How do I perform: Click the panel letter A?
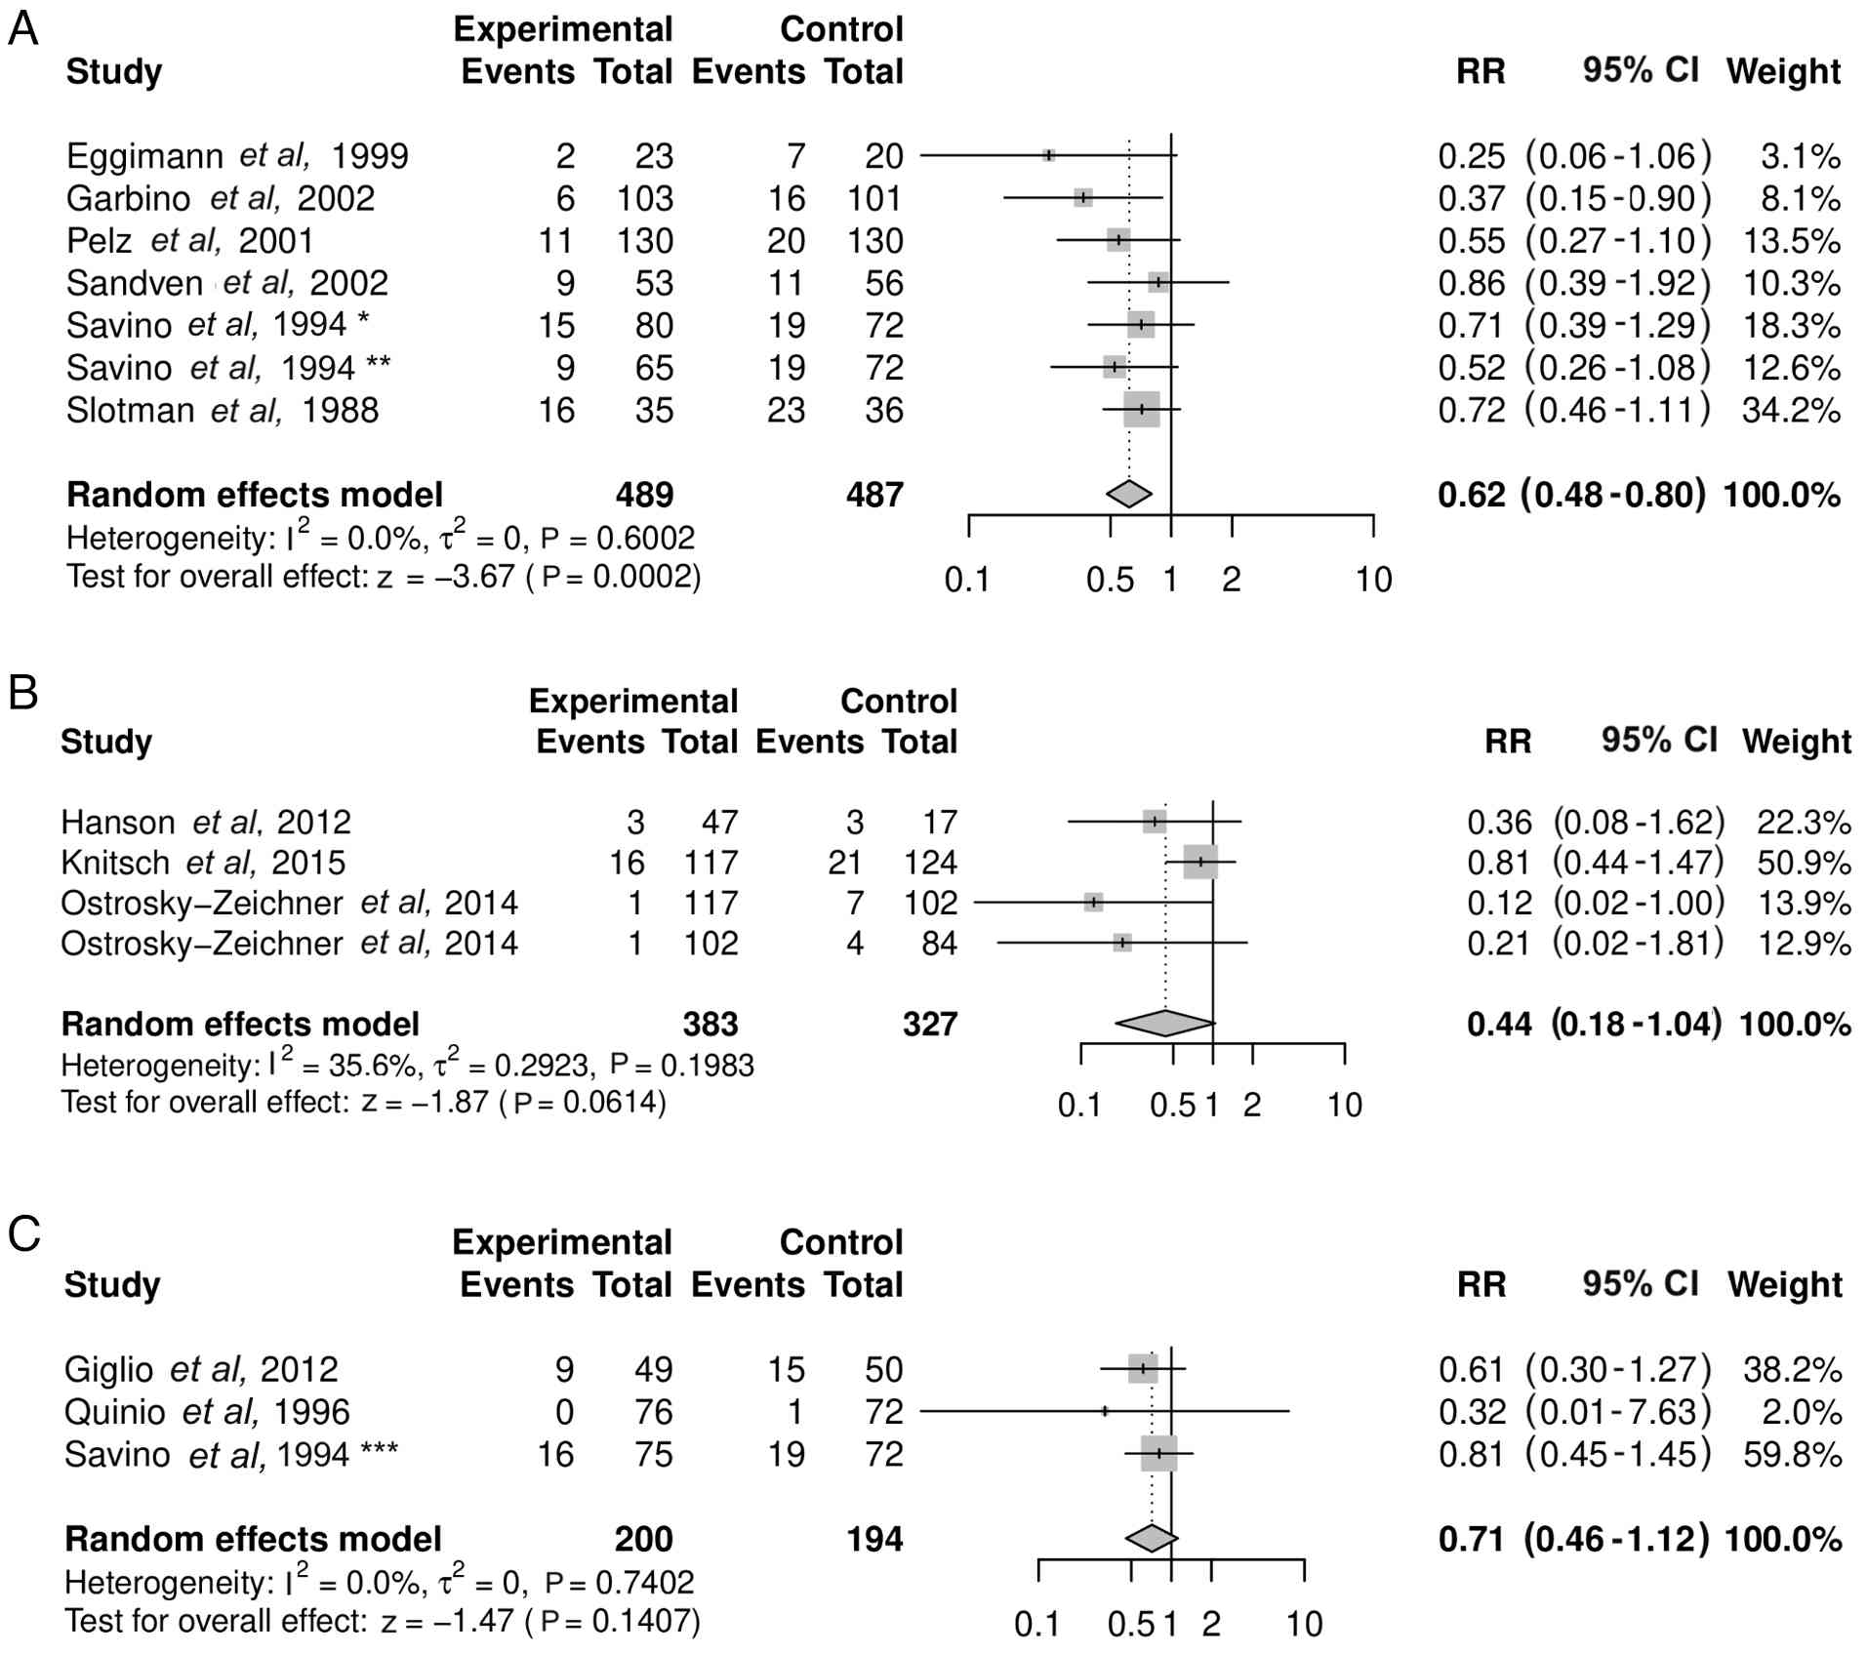pyautogui.click(x=22, y=29)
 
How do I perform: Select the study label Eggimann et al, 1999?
pyautogui.click(x=237, y=156)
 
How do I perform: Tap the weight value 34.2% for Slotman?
pyautogui.click(x=1791, y=410)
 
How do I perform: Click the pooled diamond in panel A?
pyautogui.click(x=1129, y=495)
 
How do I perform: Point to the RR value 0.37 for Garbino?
pyautogui.click(x=1471, y=199)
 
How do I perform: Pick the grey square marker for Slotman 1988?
pyautogui.click(x=1141, y=410)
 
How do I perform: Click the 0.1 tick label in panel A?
pyautogui.click(x=967, y=581)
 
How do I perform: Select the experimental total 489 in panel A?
pyautogui.click(x=644, y=495)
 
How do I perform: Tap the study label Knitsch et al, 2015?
pyautogui.click(x=203, y=863)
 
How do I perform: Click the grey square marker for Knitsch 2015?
pyautogui.click(x=1200, y=863)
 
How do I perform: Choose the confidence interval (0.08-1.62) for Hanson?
pyautogui.click(x=1639, y=823)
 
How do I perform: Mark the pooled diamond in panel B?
pyautogui.click(x=1165, y=1023)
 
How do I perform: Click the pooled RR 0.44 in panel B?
pyautogui.click(x=1499, y=1024)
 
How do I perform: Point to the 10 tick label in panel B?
pyautogui.click(x=1344, y=1106)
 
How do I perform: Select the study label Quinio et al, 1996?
pyautogui.click(x=207, y=1412)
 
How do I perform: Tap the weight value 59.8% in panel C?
pyautogui.click(x=1792, y=1455)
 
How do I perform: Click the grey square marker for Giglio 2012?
pyautogui.click(x=1143, y=1369)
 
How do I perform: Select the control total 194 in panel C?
pyautogui.click(x=874, y=1540)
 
